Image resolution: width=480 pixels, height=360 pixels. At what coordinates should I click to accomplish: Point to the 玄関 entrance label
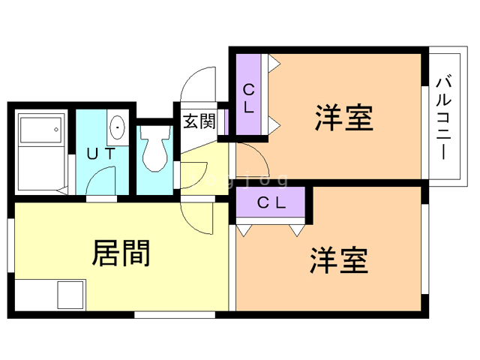coord(199,120)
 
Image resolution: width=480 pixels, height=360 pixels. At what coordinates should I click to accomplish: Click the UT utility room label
coord(100,154)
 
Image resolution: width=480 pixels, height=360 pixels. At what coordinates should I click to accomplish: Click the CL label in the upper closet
coord(247,98)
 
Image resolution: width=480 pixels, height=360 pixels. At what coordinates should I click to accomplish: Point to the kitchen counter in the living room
coord(51,293)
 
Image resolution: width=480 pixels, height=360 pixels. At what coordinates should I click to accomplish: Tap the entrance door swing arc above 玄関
coord(197,82)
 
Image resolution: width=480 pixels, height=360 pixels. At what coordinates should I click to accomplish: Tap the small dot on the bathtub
coord(57,130)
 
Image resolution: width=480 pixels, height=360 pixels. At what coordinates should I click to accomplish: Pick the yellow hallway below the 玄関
coord(204,166)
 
